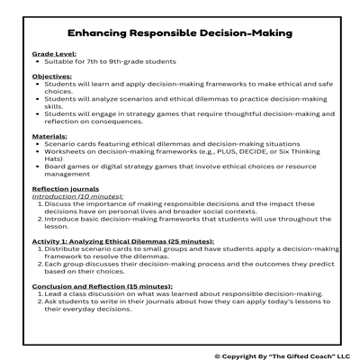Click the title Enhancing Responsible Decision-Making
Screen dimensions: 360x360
point(180,33)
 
